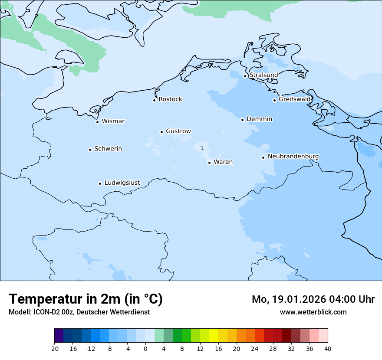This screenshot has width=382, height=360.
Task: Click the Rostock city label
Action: coord(170,99)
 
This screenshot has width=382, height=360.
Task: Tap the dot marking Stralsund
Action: coord(245,76)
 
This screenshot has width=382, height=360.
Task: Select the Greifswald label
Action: coord(294,99)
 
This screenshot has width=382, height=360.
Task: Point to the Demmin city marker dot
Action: coord(242,120)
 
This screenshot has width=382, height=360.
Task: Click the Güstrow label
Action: coord(178,131)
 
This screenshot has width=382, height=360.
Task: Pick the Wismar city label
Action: coord(113,121)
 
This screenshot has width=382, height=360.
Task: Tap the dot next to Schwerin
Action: coord(90,150)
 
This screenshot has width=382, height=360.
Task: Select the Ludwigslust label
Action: coord(122,183)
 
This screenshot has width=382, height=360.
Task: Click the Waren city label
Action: coord(223,162)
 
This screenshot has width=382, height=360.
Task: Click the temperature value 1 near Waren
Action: coord(202,148)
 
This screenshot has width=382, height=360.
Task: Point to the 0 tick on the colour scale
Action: coord(145,348)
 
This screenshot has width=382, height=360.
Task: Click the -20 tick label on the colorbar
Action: coord(54,348)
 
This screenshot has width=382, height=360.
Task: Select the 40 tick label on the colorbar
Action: coord(328,348)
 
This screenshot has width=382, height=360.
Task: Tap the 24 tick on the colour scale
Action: coord(255,348)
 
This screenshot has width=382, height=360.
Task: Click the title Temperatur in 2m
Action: coord(86,299)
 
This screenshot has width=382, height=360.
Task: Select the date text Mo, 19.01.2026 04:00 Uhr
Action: coord(313,299)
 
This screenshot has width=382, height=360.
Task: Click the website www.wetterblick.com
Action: coord(313,312)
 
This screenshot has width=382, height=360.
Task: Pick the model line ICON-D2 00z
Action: coord(79,312)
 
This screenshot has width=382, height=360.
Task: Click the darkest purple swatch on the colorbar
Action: coord(59,336)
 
